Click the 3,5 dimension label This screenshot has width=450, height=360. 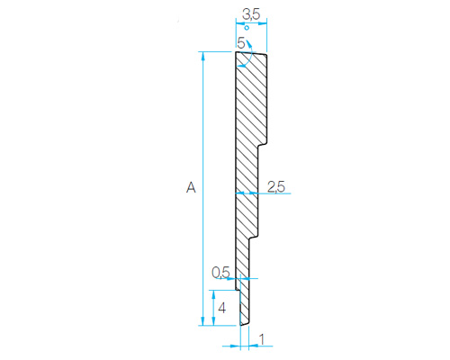pyautogui.click(x=251, y=14)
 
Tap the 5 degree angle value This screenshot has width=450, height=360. pyautogui.click(x=241, y=43)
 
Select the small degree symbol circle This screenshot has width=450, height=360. pyautogui.click(x=247, y=28)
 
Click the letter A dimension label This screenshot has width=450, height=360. pyautogui.click(x=191, y=187)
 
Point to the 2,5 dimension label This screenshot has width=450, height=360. pyautogui.click(x=276, y=187)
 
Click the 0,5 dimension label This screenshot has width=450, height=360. pyautogui.click(x=220, y=273)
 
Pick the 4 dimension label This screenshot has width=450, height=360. pyautogui.click(x=221, y=308)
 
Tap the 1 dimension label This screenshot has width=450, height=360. pyautogui.click(x=262, y=339)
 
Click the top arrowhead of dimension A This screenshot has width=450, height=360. pyautogui.click(x=203, y=56)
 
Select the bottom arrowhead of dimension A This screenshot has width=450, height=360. pyautogui.click(x=203, y=321)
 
